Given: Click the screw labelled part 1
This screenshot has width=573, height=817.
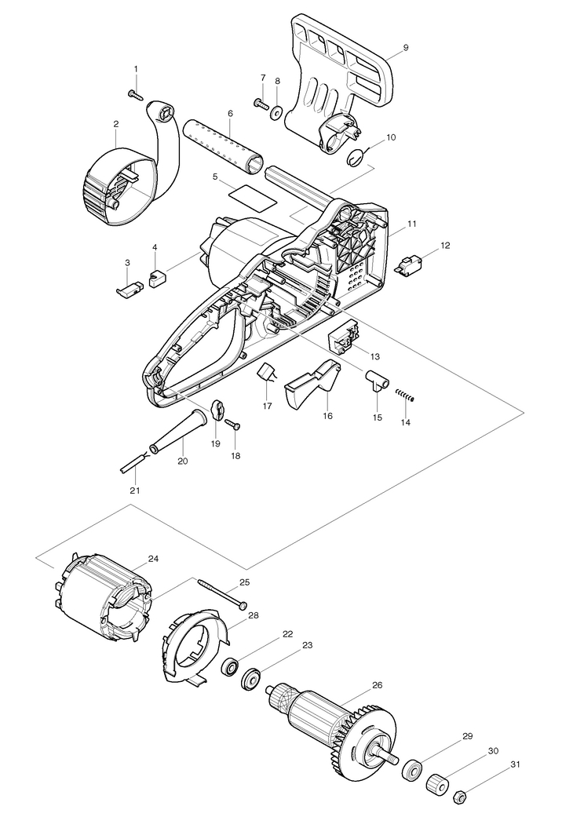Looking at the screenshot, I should pyautogui.click(x=133, y=94).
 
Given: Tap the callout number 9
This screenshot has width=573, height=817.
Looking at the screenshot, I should pyautogui.click(x=405, y=48).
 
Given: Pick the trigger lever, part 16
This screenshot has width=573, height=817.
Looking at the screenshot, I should pyautogui.click(x=309, y=385).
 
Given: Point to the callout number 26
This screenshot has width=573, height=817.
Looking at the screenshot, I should pyautogui.click(x=378, y=685).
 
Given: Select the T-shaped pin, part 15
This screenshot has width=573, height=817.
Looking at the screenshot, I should pyautogui.click(x=375, y=382).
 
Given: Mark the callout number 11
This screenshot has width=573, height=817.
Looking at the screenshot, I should pyautogui.click(x=412, y=224).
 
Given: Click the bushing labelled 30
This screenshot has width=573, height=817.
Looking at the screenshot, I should pyautogui.click(x=437, y=783).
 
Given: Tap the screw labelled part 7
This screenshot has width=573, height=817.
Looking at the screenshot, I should pyautogui.click(x=259, y=102).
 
